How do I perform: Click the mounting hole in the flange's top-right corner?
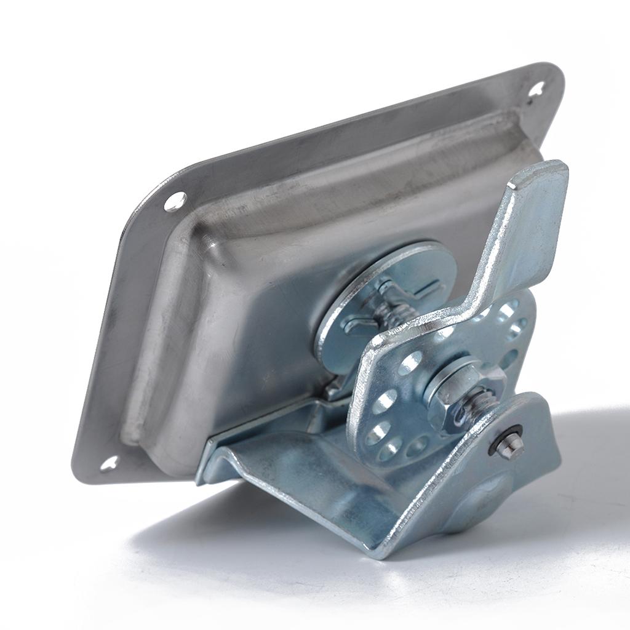[x=536, y=90]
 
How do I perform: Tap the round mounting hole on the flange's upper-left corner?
[x=175, y=201]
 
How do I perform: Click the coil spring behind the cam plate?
[x=394, y=314]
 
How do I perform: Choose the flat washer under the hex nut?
[x=434, y=385]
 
